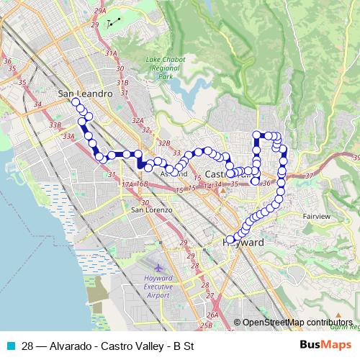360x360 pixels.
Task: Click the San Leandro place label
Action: [x=85, y=94]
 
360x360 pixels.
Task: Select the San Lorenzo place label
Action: [x=151, y=210]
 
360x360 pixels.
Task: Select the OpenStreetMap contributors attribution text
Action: [x=297, y=323]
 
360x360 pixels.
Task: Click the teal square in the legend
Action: [x=9, y=345]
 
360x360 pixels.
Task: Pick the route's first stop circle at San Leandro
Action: [x=75, y=102]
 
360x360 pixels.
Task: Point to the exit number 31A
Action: [x=111, y=53]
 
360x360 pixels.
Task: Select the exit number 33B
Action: [x=55, y=125]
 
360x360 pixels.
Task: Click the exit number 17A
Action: [x=127, y=185]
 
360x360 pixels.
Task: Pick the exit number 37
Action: [x=310, y=176]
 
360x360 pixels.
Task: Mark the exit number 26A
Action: [x=212, y=315]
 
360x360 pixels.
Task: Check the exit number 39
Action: [x=356, y=157]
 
